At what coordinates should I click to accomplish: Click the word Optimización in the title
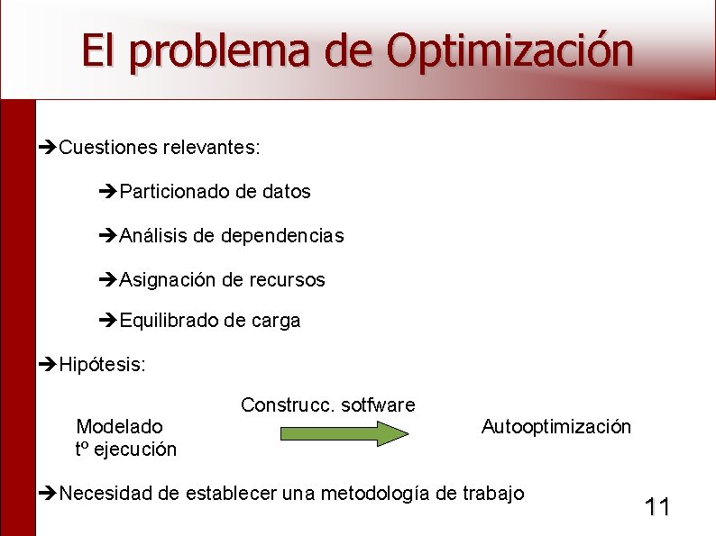[x=509, y=50]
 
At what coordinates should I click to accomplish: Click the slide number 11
[x=657, y=507]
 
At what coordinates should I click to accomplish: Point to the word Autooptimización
[x=556, y=426]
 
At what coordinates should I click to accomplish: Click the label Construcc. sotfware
[x=327, y=404]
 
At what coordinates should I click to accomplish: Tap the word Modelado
[x=120, y=426]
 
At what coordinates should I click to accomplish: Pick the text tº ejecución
[x=126, y=449]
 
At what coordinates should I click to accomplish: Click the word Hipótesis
[x=101, y=364]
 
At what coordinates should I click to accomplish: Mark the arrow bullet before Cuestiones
[x=50, y=147]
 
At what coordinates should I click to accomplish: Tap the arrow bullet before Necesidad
[x=50, y=493]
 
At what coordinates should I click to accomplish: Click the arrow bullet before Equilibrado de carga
[x=109, y=321]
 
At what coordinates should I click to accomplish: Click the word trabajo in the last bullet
[x=492, y=493]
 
